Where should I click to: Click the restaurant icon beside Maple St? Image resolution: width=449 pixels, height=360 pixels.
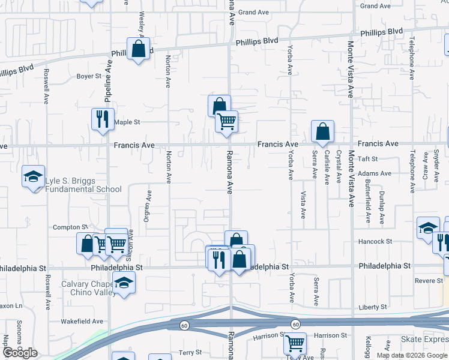click(x=103, y=119)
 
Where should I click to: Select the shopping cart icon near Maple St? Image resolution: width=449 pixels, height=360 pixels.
click(x=227, y=121)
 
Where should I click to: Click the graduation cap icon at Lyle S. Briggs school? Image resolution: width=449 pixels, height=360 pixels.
click(x=34, y=176)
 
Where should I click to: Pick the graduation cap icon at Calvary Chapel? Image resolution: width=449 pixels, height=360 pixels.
click(x=124, y=282)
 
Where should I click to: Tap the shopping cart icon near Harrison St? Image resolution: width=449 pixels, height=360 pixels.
click(x=295, y=343)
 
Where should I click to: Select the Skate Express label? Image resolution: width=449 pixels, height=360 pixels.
click(x=424, y=340)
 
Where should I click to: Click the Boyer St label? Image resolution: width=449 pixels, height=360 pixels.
click(x=89, y=76)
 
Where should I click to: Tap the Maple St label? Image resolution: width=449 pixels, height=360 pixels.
click(x=127, y=122)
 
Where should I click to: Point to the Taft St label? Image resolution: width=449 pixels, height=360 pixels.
click(x=367, y=159)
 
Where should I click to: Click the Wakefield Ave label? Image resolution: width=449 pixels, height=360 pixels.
click(x=82, y=321)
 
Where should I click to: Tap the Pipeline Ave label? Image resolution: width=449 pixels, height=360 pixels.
click(x=109, y=84)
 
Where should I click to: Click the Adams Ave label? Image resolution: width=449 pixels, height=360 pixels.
click(x=375, y=173)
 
